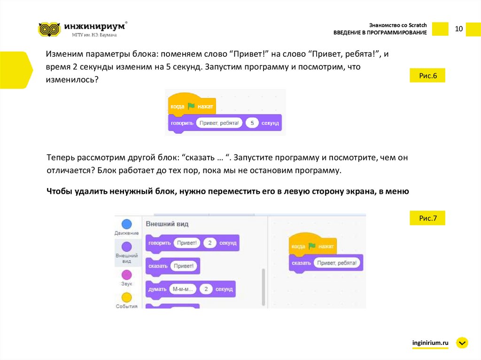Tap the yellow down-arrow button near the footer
pos(462,343)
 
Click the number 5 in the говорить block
pos(252,123)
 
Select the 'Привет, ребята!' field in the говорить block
pos(219,123)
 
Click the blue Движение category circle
pos(127,224)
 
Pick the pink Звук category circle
pos(127,275)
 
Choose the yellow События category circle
pos(127,297)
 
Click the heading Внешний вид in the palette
pos(167,224)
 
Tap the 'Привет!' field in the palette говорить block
pos(187,243)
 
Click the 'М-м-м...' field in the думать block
pos(183,289)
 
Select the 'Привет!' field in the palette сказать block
pos(184,266)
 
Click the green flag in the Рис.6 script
pos(191,106)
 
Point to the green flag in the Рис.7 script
pos(312,246)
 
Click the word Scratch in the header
pos(418,25)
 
